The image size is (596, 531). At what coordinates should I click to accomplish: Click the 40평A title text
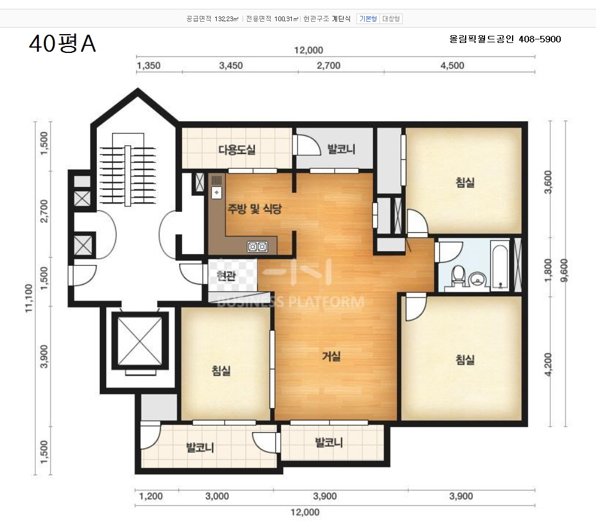pos(62,44)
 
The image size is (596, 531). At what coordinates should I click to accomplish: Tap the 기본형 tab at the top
pos(368,19)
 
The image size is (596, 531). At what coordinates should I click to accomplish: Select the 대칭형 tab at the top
pos(390,19)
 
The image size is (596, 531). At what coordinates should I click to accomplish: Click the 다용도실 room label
pos(237,149)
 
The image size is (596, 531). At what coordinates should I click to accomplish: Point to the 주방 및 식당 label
pos(254,208)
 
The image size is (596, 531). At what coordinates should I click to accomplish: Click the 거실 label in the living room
pos(331,356)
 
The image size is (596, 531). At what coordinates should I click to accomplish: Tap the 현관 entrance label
pos(226,275)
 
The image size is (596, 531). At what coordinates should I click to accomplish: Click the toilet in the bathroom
pos(459,275)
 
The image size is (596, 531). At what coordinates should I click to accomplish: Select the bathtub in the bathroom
pos(500,265)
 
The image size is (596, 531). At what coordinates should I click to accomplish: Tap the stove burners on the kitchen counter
pos(257,247)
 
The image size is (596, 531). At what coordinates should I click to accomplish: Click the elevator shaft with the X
pos(140,340)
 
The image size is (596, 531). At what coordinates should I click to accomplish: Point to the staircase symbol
pos(128,170)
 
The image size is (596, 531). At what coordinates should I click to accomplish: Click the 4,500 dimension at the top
pos(452,65)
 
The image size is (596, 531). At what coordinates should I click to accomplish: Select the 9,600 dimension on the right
pos(564,270)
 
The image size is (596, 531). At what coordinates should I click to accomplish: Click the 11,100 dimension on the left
pos(29,298)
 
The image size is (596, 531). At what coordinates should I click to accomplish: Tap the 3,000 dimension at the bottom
pos(217,496)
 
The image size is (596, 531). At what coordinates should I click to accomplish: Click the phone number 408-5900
pos(540,39)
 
